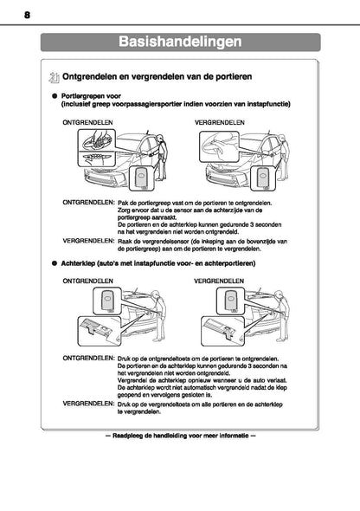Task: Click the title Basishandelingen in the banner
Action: point(180,41)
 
